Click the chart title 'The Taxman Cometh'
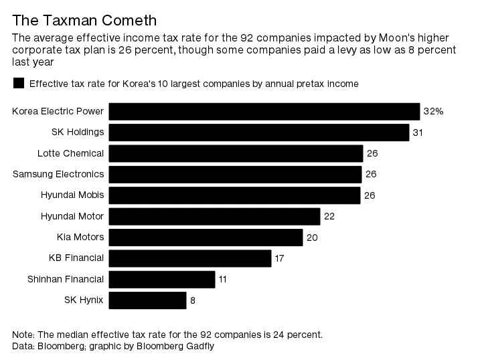(x=84, y=20)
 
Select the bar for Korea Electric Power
(x=264, y=112)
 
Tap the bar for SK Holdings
(x=258, y=132)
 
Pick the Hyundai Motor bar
(x=214, y=216)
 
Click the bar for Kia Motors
(x=206, y=237)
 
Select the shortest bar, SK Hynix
(x=147, y=300)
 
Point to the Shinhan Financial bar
(x=162, y=279)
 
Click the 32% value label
(x=433, y=112)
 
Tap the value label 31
(x=418, y=132)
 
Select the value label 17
(x=280, y=258)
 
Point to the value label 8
(x=193, y=300)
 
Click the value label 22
(x=329, y=216)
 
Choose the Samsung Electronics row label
(x=58, y=174)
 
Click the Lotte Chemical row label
(x=70, y=153)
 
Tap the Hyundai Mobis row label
(x=72, y=195)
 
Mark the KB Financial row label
(x=76, y=258)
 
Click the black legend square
(x=19, y=84)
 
